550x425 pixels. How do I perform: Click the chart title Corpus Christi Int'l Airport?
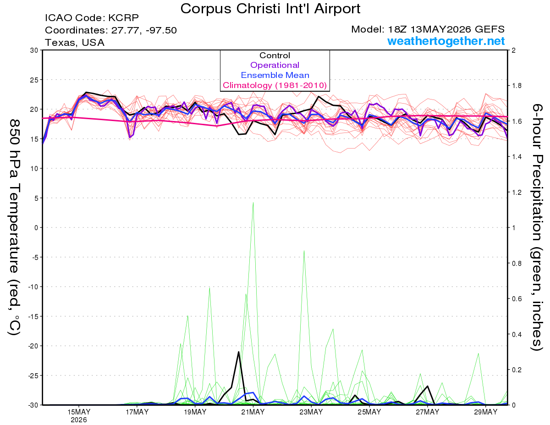(270, 9)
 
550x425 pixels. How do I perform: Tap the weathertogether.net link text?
(446, 41)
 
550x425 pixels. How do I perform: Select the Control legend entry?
(275, 55)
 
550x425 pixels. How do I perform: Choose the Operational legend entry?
(275, 65)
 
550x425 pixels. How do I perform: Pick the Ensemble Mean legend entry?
(275, 75)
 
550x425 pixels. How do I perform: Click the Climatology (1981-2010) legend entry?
(275, 85)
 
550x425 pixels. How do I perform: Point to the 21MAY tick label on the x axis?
(253, 412)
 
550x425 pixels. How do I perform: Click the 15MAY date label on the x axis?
(79, 412)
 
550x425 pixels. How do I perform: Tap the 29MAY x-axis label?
(486, 412)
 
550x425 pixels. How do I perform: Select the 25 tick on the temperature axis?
(34, 80)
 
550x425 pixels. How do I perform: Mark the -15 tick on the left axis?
(33, 316)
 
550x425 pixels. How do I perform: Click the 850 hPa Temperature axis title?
(14, 227)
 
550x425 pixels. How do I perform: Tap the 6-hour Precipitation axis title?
(537, 227)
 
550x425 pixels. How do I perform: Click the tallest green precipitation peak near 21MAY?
(253, 203)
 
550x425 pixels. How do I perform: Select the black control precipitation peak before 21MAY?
(238, 352)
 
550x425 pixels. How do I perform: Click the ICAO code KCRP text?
(92, 18)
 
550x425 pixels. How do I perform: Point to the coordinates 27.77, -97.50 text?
(111, 30)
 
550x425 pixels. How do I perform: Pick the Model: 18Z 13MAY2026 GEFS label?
(428, 29)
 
